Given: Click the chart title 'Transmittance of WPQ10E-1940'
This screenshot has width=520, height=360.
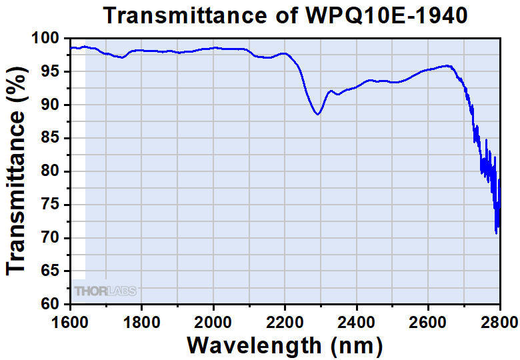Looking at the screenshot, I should (x=285, y=15).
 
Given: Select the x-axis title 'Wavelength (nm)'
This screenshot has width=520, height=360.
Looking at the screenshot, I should (x=285, y=345).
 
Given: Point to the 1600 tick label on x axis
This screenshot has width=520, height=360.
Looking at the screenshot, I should (x=70, y=323).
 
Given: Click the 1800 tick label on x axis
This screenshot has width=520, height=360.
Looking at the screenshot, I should (x=141, y=323).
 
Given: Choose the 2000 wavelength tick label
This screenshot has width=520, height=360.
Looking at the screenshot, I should (x=213, y=323).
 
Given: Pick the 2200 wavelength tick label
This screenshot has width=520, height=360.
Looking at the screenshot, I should (x=285, y=323).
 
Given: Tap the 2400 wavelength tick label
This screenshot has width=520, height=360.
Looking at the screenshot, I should (x=357, y=323).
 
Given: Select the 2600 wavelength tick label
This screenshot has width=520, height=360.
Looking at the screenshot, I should (x=428, y=323).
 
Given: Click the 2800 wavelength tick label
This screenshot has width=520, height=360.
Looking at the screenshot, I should (x=499, y=323).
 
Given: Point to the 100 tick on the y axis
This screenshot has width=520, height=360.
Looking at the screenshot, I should (x=49, y=39).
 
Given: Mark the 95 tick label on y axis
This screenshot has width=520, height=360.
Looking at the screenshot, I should (x=53, y=72).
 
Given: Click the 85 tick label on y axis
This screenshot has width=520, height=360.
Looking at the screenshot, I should (x=53, y=139).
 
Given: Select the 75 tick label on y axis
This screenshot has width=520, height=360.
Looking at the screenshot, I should (x=53, y=205).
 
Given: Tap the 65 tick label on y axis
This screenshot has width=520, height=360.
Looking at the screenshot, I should (x=53, y=271).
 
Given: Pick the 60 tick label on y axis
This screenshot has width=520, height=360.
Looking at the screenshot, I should (x=53, y=305).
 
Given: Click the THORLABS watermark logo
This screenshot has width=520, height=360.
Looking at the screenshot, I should (x=105, y=291).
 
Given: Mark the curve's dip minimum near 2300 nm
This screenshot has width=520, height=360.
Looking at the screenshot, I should (x=318, y=115).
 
